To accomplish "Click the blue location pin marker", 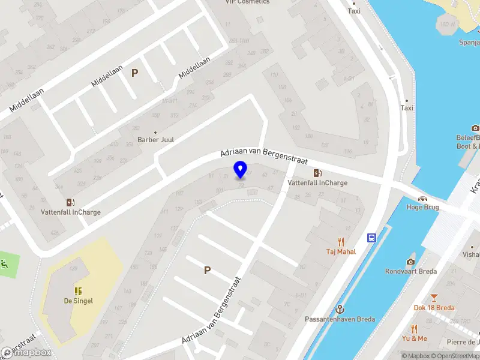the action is point(241,170).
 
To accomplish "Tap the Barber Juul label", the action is point(155,139).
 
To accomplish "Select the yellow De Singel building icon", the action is point(79,291).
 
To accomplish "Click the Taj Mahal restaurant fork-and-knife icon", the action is point(341,242).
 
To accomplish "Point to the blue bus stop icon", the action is point(372,238).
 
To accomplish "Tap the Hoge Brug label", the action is point(423,207).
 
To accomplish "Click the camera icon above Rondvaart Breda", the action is point(410,261).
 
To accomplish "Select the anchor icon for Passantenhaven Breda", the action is point(340,309).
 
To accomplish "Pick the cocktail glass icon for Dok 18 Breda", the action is point(434,298).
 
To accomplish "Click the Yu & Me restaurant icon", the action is point(414,329).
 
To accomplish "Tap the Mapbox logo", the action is point(27,352).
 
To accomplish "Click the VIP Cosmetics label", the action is point(247,2).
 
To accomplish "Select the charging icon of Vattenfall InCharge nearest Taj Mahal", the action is point(317,173).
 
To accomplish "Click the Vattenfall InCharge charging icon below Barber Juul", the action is point(70,202).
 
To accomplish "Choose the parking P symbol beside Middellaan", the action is point(135,73).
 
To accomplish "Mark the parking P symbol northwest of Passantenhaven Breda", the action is point(207,271).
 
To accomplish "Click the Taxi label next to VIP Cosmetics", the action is point(354,11).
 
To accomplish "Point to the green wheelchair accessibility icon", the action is point(5,263).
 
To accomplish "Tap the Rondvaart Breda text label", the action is point(411,271).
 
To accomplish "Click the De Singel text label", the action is point(79,301).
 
